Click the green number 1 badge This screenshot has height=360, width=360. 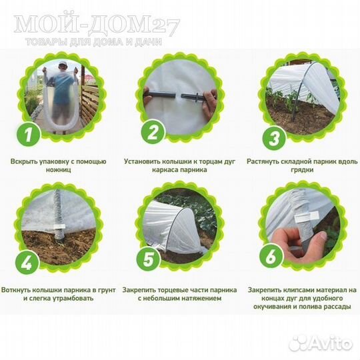click(29, 134)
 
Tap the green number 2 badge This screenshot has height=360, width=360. click(153, 132)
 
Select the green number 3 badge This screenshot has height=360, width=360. click(274, 139)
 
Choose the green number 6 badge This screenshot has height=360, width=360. click(271, 256)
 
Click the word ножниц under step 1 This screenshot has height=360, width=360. click(58, 170)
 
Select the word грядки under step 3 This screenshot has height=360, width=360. click(302, 170)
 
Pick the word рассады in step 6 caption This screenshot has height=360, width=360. click(337, 307)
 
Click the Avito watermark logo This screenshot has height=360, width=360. click(321, 343)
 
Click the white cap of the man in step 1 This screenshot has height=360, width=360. click(61, 64)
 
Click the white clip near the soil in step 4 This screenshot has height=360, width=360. click(59, 227)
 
